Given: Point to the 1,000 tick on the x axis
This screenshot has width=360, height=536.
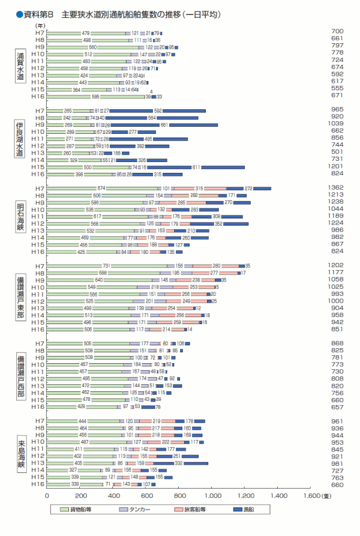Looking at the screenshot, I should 214,496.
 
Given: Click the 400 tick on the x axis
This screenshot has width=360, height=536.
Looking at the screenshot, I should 113,496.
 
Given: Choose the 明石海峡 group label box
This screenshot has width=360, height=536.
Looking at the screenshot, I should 20,217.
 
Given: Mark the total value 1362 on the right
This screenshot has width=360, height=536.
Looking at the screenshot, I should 337,188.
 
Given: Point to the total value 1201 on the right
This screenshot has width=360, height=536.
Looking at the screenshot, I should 337,167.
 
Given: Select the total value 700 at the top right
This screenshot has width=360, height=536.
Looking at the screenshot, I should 337,31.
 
